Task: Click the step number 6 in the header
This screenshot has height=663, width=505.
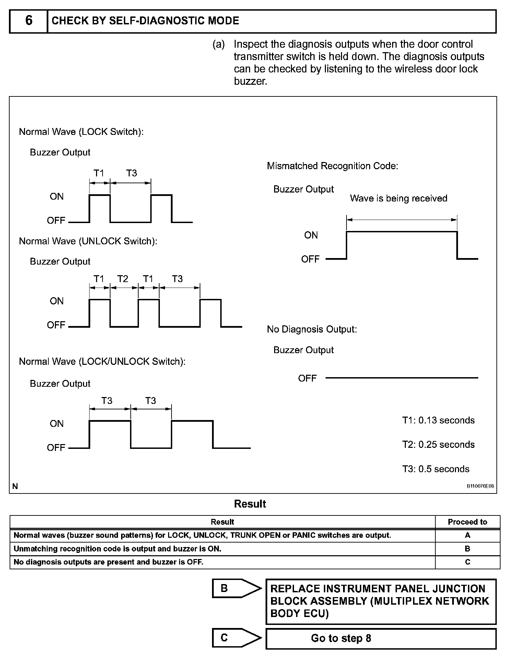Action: (29, 21)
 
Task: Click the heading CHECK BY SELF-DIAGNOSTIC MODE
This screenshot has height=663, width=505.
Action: (145, 21)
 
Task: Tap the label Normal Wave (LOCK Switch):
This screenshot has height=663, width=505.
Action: (81, 132)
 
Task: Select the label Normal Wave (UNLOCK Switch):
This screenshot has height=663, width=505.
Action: (88, 241)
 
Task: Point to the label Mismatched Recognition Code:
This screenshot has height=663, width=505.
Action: (332, 166)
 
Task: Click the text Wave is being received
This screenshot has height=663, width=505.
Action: (398, 198)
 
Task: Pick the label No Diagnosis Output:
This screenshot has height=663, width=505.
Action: (312, 329)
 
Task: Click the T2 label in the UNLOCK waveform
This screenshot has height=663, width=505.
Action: (122, 279)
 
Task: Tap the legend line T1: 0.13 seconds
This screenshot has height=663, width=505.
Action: (438, 420)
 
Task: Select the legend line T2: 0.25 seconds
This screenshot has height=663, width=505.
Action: (438, 445)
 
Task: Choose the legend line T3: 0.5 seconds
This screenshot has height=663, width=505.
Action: (435, 469)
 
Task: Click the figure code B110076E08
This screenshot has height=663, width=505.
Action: (480, 486)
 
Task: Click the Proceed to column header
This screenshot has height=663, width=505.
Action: (467, 522)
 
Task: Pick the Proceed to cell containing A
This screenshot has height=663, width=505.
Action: (467, 535)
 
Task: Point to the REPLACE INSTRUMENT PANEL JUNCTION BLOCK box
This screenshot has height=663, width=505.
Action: (380, 601)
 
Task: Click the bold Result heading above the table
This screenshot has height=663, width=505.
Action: (250, 504)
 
